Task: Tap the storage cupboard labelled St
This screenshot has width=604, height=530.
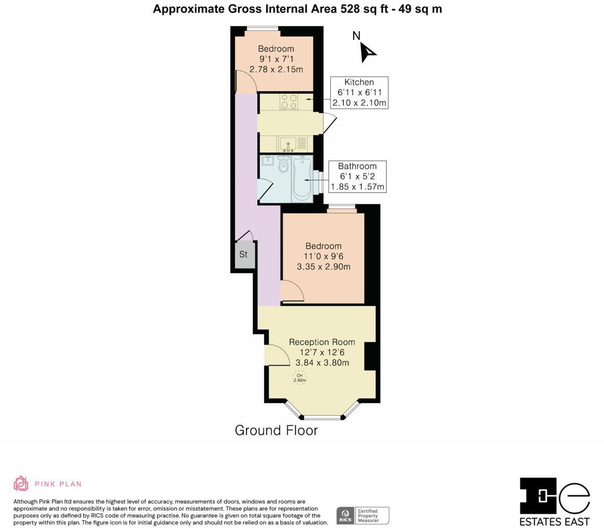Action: pyautogui.click(x=243, y=255)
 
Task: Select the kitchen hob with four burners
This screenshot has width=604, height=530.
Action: pyautogui.click(x=289, y=102)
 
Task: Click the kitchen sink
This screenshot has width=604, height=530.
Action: pyautogui.click(x=288, y=144)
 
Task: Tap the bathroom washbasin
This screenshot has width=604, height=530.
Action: pyautogui.click(x=267, y=162)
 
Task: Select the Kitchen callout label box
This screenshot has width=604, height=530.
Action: pyautogui.click(x=359, y=93)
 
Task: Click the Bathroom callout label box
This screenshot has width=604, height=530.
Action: pyautogui.click(x=357, y=176)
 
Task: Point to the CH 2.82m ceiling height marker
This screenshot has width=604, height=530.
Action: pyautogui.click(x=300, y=378)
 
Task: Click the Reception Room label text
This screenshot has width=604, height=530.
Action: pyautogui.click(x=322, y=342)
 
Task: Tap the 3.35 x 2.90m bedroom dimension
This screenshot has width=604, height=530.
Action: pyautogui.click(x=323, y=267)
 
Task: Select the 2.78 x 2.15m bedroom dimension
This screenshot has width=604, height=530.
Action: pyautogui.click(x=276, y=69)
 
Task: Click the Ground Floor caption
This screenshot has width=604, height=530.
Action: pyautogui.click(x=276, y=431)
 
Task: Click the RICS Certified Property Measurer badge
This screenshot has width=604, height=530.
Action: pyautogui.click(x=363, y=515)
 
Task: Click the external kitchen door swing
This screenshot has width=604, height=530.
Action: pyautogui.click(x=329, y=123)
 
